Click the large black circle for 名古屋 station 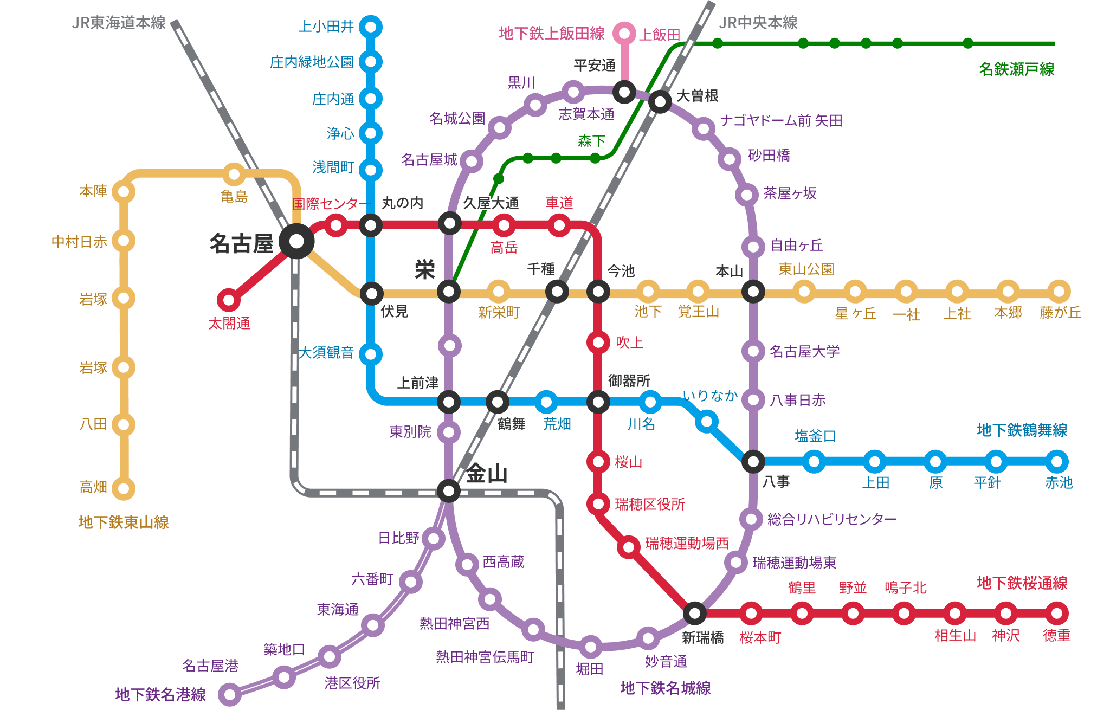coord(296,241)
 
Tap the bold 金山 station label coord(486,474)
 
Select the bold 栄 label coord(424,269)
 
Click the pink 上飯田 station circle coord(624,34)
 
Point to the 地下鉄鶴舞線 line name coord(1022,430)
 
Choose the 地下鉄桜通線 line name coord(1022,583)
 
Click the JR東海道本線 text coord(119,23)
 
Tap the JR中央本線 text coord(758,23)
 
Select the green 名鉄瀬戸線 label coord(1016,69)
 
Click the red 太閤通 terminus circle coord(229,300)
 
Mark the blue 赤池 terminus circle coord(1056,462)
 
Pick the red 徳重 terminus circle coord(1056,614)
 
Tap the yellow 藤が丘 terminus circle coord(1059,292)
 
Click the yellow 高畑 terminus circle coord(124,488)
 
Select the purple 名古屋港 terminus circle coord(230,694)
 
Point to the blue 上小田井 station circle coord(371,27)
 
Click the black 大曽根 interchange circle coord(660,101)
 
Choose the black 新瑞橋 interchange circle coord(694,613)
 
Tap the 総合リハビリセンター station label coord(831,519)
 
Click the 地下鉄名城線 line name coord(665,688)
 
